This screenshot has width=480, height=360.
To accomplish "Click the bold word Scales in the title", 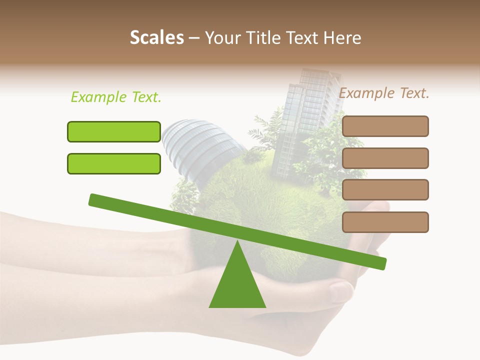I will tap(156, 38).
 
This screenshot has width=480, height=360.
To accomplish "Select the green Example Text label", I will tap(116, 97).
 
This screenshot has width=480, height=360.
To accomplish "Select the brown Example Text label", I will tap(384, 93).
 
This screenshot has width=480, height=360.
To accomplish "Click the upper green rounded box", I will tap(114, 131).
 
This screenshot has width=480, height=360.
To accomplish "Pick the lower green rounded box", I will tap(114, 163).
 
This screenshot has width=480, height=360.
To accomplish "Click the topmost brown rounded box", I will tap(385, 126).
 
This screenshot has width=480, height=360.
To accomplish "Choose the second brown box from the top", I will tap(385, 158).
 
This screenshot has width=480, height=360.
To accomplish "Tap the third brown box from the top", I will tap(385, 189).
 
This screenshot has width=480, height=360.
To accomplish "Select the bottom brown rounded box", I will tap(385, 222).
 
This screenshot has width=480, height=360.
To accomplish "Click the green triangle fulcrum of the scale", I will tap(237, 285).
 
